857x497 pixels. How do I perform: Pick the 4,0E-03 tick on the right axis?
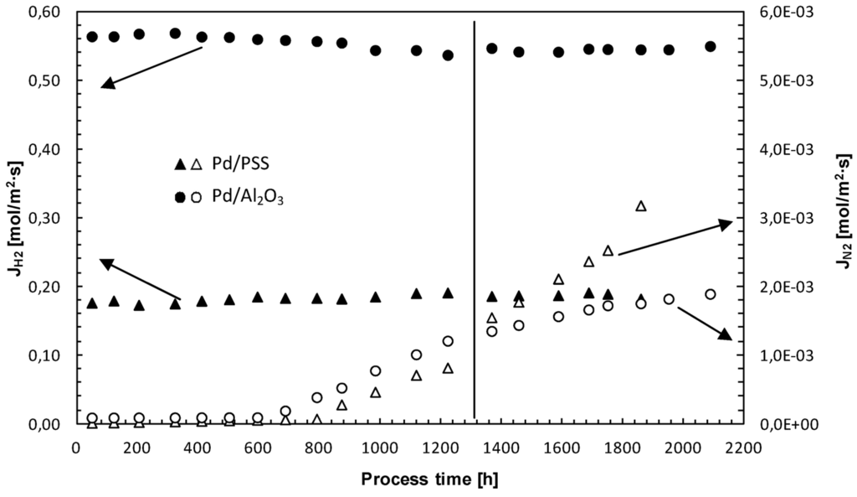pyautogui.click(x=792, y=149)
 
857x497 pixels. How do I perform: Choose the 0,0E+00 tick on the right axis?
pyautogui.click(x=792, y=424)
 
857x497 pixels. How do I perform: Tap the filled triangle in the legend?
pyautogui.click(x=178, y=163)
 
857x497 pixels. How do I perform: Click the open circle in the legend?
pyautogui.click(x=197, y=198)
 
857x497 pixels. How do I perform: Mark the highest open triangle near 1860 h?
pyautogui.click(x=641, y=205)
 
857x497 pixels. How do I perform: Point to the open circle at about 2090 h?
pyautogui.click(x=711, y=294)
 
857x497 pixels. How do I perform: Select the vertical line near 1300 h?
pyautogui.click(x=475, y=218)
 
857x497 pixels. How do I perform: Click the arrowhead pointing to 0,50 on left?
pyautogui.click(x=108, y=85)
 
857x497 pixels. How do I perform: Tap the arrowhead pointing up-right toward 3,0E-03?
pyautogui.click(x=726, y=223)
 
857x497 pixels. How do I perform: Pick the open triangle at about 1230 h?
pyautogui.click(x=448, y=368)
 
